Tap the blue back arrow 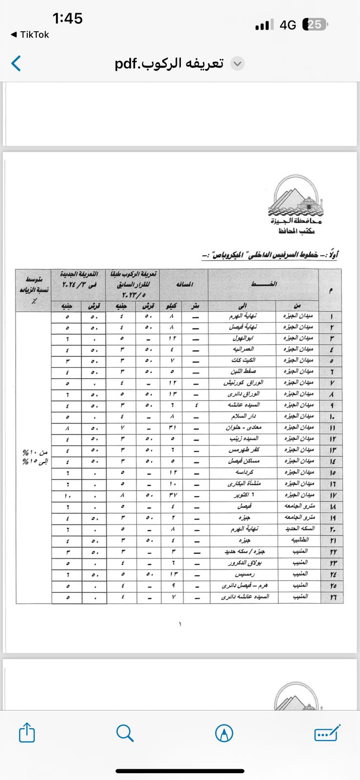(16, 63)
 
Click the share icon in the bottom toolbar (27, 733)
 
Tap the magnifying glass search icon (125, 733)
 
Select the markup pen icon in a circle (224, 733)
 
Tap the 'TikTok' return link (30, 35)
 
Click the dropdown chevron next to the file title (237, 64)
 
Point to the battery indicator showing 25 (315, 24)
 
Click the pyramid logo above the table (296, 197)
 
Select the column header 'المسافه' (184, 284)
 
